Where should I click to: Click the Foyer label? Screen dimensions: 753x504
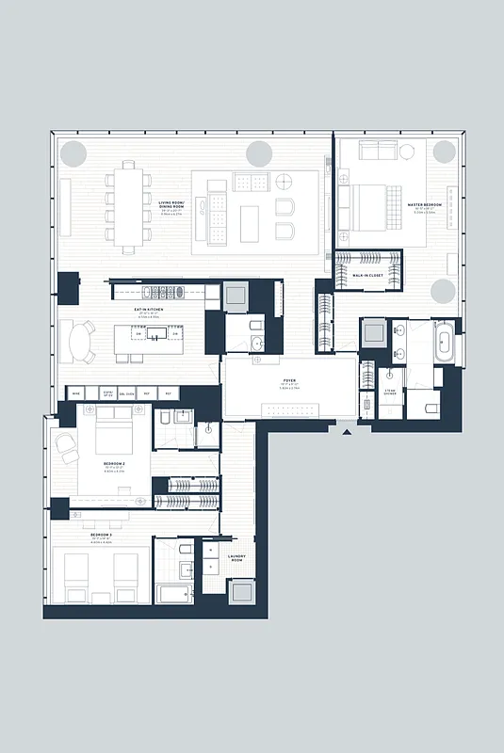288,381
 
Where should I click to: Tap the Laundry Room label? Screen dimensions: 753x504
237,558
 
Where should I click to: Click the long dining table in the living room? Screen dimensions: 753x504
130,206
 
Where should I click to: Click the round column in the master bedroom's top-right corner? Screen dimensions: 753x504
444,153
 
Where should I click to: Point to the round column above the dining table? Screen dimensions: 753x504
71,153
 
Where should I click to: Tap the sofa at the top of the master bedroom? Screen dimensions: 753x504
377,152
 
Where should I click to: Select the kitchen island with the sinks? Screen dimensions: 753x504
154,333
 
